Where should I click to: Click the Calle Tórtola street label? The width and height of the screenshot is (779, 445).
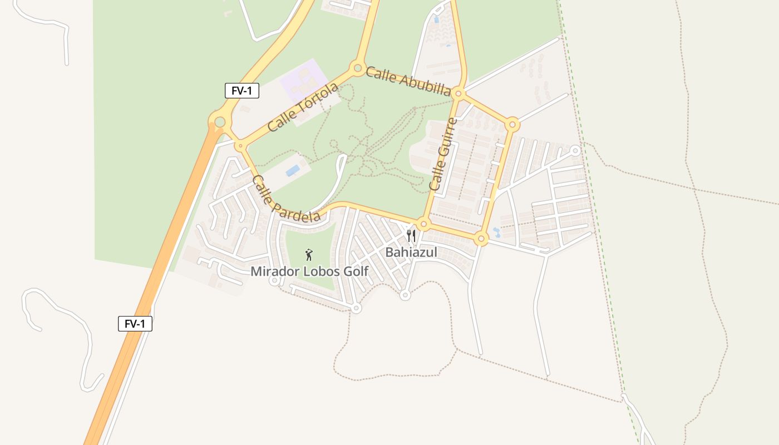303,107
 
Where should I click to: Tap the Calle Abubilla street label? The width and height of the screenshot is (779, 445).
408,82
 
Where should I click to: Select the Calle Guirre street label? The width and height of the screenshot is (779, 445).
443,154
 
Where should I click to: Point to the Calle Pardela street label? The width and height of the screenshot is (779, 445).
286,199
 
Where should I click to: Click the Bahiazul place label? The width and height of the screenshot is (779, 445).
411,252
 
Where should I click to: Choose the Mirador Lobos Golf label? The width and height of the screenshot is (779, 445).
309,271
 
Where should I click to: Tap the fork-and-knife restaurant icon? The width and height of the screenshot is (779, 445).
411,236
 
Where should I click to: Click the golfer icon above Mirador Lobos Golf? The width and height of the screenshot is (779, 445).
309,255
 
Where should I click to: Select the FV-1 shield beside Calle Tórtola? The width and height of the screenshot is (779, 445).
242,91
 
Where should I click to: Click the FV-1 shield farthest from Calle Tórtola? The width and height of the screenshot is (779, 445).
135,324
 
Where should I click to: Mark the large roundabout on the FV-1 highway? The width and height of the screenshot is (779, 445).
220,122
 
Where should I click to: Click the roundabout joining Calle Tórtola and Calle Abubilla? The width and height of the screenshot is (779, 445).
357,68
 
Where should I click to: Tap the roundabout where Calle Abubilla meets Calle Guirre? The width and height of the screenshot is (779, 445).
458,93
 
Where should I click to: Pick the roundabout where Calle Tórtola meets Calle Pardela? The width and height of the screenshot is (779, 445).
240,146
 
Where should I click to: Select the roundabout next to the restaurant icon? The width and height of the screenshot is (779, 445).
424,225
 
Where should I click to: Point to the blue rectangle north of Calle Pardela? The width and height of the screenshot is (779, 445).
293,170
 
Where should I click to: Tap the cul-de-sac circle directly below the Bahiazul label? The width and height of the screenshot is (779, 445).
405,295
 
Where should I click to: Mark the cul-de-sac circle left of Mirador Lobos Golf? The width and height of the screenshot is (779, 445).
274,281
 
